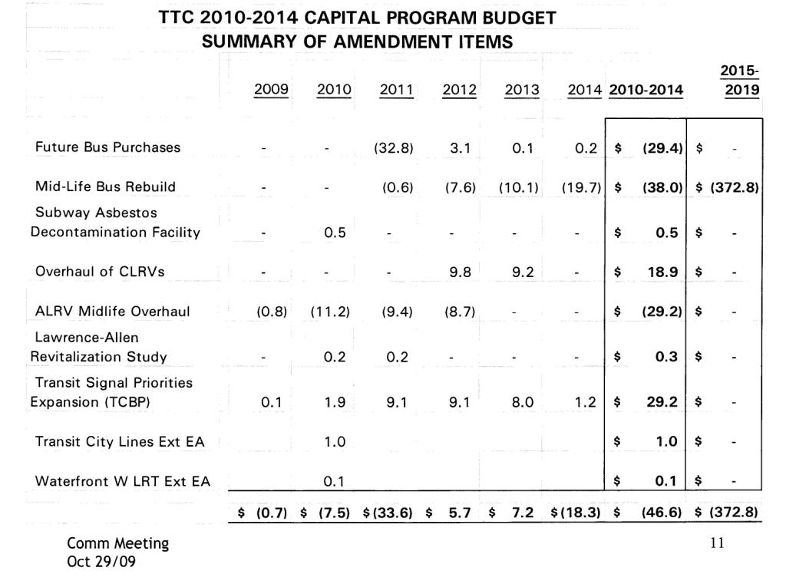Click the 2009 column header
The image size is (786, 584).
click(271, 90)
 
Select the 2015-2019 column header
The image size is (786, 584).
click(740, 81)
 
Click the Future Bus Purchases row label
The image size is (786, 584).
click(108, 147)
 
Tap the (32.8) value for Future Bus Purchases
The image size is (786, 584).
click(394, 148)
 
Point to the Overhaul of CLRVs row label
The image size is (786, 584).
click(100, 271)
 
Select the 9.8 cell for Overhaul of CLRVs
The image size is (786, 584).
click(459, 271)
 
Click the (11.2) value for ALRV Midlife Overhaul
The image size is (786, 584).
click(330, 312)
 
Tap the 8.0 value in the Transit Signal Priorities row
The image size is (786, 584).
click(523, 401)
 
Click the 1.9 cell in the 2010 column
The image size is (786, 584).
click(334, 401)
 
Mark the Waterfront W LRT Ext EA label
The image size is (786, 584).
click(123, 481)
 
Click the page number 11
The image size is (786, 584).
click(718, 543)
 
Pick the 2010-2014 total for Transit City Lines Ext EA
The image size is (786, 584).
click(667, 441)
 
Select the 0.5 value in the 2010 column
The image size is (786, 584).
click(334, 233)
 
